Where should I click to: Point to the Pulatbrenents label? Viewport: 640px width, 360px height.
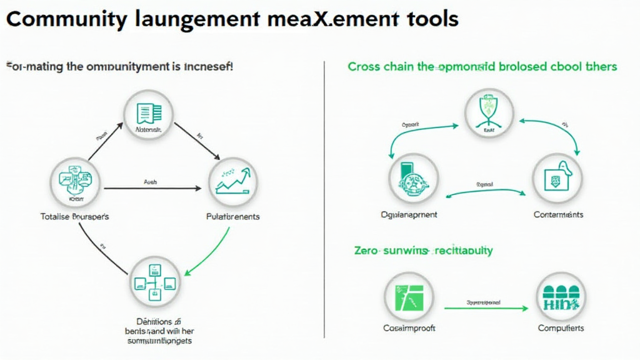[x=232, y=216]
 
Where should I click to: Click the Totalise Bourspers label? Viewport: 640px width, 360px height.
[x=74, y=216]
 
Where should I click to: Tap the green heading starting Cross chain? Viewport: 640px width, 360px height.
[x=482, y=66]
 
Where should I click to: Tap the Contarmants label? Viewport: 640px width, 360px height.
[x=558, y=214]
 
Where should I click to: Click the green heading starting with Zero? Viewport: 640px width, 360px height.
[x=423, y=251]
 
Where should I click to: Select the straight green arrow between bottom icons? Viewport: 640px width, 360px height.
[x=484, y=307]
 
